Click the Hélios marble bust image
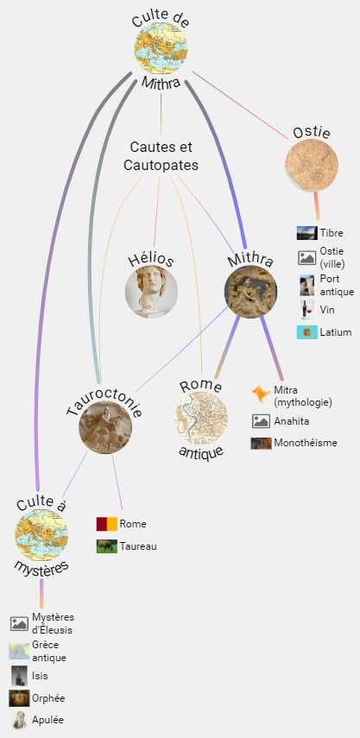click(151, 292)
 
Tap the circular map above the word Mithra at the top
click(161, 48)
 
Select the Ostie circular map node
click(312, 165)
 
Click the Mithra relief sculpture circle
click(250, 292)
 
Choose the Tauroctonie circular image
click(105, 427)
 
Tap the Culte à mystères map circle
click(41, 535)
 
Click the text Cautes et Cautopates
click(161, 156)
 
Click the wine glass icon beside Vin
click(306, 310)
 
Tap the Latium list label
click(336, 332)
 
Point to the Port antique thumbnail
click(306, 285)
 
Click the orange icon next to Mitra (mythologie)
click(261, 394)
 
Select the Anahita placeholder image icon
click(261, 421)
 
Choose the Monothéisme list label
click(306, 443)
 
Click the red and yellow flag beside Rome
click(107, 524)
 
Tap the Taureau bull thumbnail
click(107, 546)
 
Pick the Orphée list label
click(48, 698)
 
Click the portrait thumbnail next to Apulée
click(19, 720)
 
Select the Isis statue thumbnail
click(19, 676)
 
